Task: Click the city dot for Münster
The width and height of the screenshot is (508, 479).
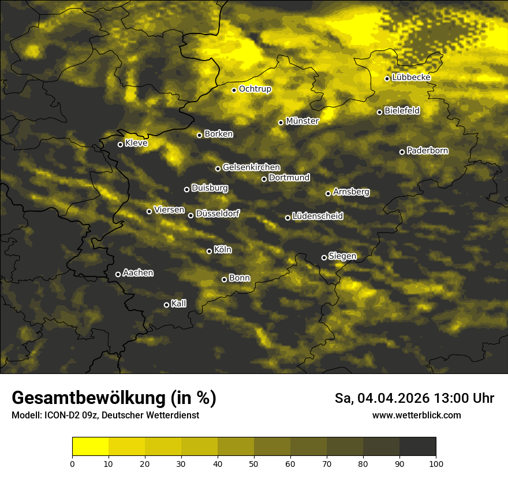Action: [x=281, y=122]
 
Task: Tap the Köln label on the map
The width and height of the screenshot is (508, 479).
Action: [x=223, y=250]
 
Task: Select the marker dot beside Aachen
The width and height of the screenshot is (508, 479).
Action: [x=118, y=274]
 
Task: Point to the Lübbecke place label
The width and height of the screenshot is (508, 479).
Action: [x=411, y=77]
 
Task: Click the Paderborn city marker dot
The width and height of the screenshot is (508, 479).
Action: [x=402, y=152]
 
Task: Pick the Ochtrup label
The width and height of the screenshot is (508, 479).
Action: [x=255, y=89]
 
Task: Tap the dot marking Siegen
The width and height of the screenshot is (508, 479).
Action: [x=324, y=257]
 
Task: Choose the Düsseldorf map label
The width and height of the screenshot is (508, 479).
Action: [x=218, y=214]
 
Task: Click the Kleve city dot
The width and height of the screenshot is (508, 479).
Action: [x=121, y=144]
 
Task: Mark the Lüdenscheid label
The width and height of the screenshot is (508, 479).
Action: [x=317, y=216]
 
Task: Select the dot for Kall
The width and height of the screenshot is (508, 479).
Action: [x=167, y=305]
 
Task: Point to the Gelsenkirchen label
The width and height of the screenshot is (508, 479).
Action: [x=251, y=167]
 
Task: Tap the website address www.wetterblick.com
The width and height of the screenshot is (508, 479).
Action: [x=417, y=415]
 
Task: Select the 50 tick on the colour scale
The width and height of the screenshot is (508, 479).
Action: [x=254, y=463]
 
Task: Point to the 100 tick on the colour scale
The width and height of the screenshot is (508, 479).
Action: [x=436, y=463]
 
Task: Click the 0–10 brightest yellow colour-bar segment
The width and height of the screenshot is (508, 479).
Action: [x=91, y=447]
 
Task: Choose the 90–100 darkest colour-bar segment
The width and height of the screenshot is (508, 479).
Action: [x=417, y=447]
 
